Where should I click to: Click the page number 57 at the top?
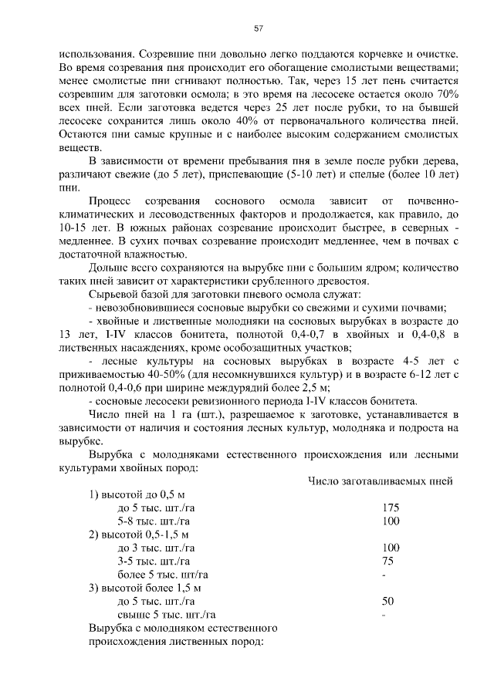pos(259,29)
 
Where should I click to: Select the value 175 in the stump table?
pos(391,508)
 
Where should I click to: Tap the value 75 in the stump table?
pos(387,561)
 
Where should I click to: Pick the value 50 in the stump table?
pos(387,601)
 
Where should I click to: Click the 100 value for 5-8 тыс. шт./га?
pos(391,521)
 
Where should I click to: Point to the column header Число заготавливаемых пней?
pos(380,481)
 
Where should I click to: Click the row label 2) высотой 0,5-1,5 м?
pos(139,534)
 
